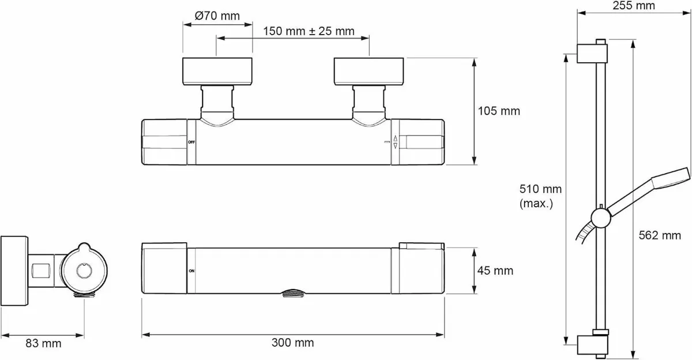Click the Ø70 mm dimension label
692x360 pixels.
tap(217, 16)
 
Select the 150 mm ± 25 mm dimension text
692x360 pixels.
tap(309, 31)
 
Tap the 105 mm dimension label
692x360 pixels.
tap(499, 111)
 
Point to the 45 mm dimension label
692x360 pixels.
tap(495, 271)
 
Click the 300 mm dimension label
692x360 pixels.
tap(292, 342)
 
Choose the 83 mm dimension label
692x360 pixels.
tap(43, 343)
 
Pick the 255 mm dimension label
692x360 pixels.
tap(634, 6)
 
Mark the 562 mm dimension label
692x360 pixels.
tap(660, 235)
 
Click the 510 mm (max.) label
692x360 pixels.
tap(540, 196)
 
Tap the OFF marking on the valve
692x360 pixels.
tap(191, 142)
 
